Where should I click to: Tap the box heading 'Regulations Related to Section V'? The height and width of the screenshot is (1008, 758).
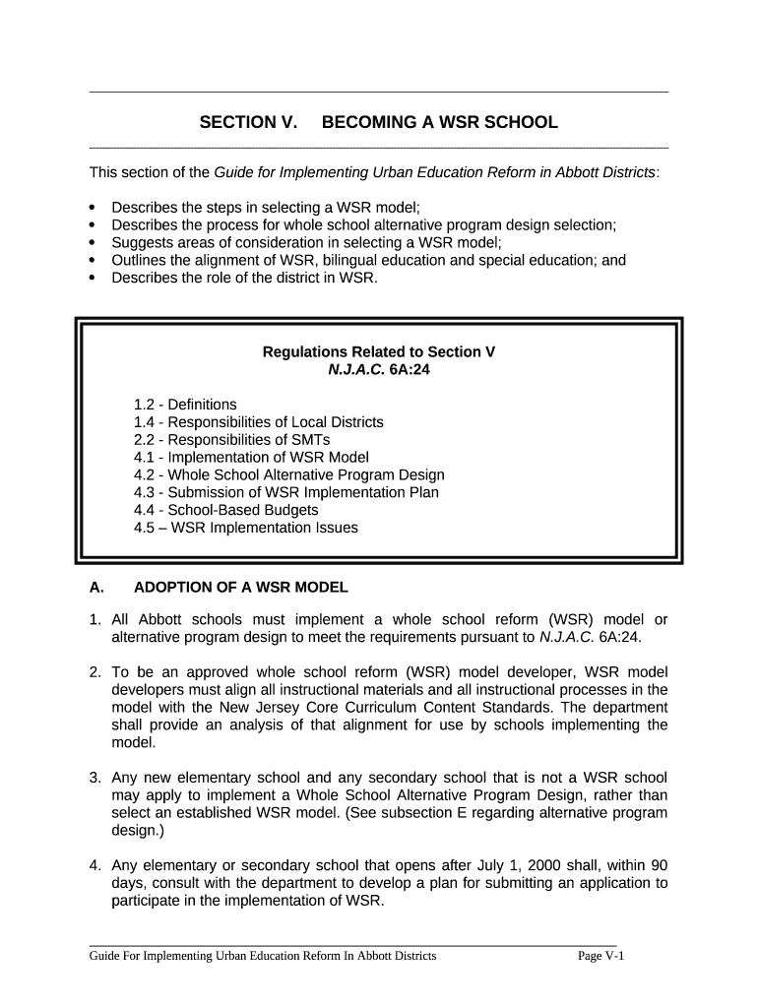click(x=378, y=351)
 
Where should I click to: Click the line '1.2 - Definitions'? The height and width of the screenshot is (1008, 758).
click(x=185, y=405)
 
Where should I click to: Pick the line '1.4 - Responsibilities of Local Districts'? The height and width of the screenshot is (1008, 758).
click(x=258, y=422)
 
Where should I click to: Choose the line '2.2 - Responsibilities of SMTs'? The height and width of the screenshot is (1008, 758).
click(x=231, y=440)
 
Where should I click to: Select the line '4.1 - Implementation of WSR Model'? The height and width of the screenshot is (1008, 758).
click(x=251, y=458)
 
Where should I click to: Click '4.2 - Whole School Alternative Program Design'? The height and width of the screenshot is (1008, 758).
click(x=288, y=475)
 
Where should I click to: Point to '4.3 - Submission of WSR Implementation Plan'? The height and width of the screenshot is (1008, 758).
click(x=285, y=492)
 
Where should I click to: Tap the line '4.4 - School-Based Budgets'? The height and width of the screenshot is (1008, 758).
click(x=225, y=510)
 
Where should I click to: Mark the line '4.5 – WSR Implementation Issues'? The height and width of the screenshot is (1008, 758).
click(x=245, y=528)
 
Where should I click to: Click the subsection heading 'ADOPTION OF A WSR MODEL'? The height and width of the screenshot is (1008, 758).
click(x=240, y=588)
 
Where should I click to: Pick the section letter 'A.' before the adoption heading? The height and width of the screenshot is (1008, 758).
click(x=96, y=588)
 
